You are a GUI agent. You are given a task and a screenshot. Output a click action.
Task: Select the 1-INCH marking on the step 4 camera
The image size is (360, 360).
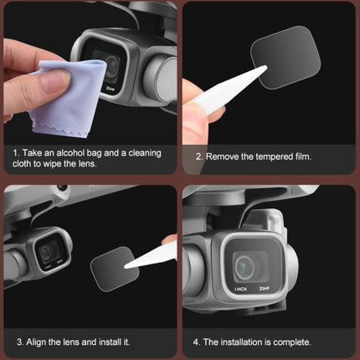click(x=239, y=290)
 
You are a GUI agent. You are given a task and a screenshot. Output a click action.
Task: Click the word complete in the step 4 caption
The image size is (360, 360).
click(x=291, y=342)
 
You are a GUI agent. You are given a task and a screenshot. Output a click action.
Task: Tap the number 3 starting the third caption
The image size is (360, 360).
click(x=18, y=342)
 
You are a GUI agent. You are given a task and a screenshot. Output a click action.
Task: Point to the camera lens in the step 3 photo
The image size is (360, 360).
click(x=50, y=250)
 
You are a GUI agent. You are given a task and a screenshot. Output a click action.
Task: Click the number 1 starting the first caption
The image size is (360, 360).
click(x=16, y=154)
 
